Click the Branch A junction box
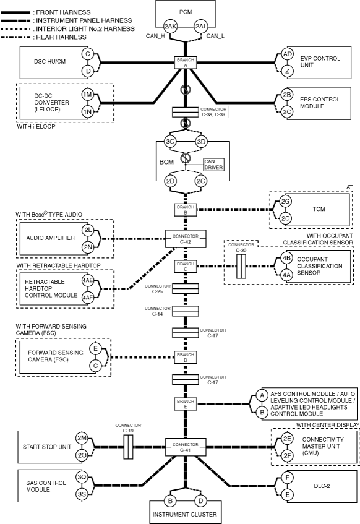(186, 62)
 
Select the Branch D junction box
(186, 358)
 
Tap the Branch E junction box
(186, 404)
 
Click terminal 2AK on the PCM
(170, 27)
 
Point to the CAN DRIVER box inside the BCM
(214, 165)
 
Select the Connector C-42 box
(186, 239)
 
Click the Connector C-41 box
(186, 447)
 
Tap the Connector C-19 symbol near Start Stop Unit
(128, 447)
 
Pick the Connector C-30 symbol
(241, 267)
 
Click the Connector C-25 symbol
(186, 289)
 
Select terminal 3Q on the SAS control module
(82, 477)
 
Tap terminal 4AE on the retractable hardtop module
(88, 280)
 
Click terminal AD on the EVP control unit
(287, 54)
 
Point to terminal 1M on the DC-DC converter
(88, 94)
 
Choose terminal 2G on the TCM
(285, 201)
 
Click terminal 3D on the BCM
(201, 142)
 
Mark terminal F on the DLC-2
(287, 478)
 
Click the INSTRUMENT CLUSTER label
(185, 514)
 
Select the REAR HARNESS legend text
(61, 37)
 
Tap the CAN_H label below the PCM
(155, 36)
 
